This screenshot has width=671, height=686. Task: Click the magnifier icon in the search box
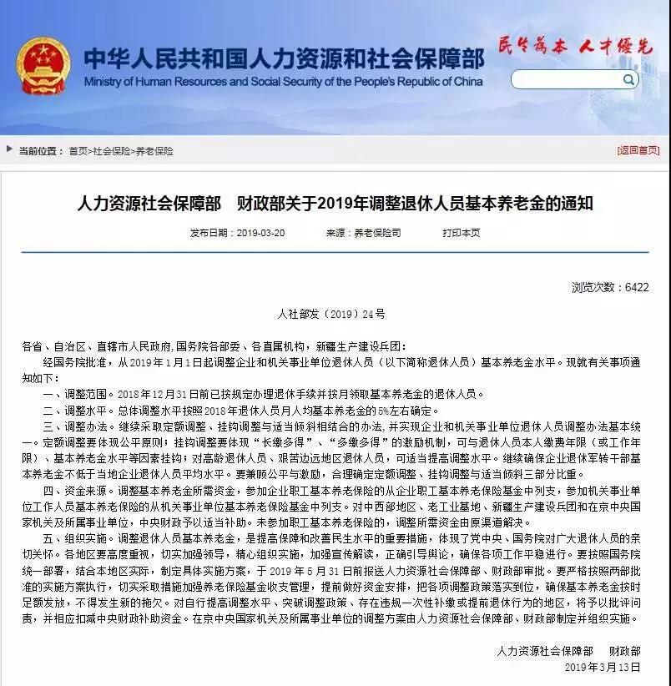628,79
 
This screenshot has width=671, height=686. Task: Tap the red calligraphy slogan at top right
574,47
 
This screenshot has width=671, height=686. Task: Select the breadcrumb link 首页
78,151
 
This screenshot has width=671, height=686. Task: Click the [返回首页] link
638,150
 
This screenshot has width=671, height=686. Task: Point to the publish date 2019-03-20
260,233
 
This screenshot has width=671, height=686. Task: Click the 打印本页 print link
462,233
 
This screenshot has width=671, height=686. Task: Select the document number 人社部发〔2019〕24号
331,314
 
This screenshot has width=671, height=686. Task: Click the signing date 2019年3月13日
602,668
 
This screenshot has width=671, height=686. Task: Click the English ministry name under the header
283,82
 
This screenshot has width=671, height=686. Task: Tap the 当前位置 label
41,151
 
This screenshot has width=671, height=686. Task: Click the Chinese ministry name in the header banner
283,57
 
